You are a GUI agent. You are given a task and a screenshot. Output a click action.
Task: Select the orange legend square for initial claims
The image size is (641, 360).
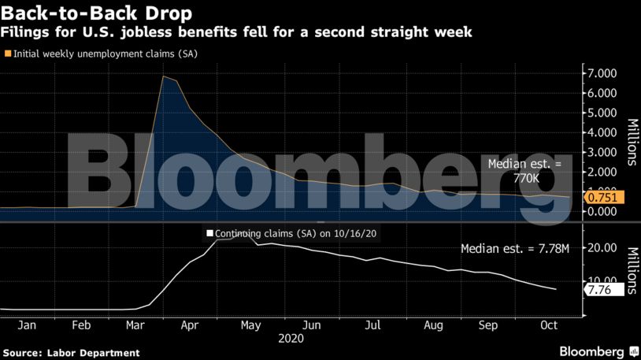pyautogui.click(x=8, y=54)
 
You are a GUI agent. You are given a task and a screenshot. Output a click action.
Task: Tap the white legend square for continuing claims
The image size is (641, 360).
pyautogui.click(x=209, y=233)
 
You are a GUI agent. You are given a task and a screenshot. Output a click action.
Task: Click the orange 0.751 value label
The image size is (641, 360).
pyautogui.click(x=602, y=198)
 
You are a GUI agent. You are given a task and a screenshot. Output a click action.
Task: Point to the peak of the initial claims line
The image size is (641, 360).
pyautogui.click(x=163, y=76)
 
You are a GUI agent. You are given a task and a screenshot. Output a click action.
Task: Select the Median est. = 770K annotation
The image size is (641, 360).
pyautogui.click(x=524, y=172)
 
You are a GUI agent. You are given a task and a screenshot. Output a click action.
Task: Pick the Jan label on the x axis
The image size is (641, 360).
pyautogui.click(x=26, y=324)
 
